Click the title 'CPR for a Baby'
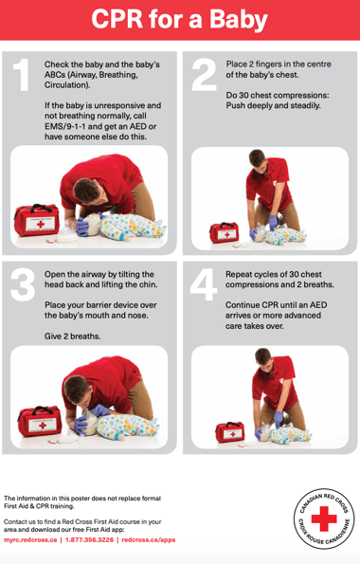point(180,20)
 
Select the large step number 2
point(204,76)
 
